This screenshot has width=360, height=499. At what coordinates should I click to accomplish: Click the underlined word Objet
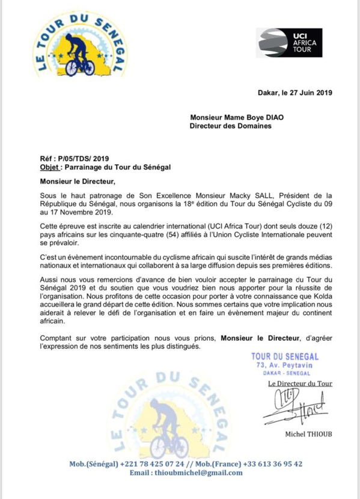[49, 167]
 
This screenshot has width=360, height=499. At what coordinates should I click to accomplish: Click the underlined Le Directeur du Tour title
[299, 384]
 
